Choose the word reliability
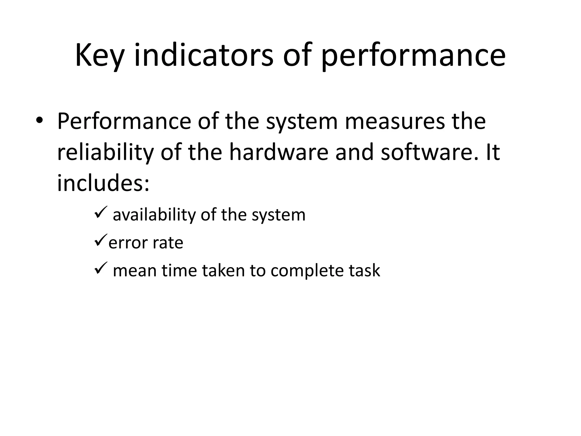[105, 153]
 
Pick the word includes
[103, 183]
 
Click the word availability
[154, 215]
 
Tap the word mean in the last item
[135, 271]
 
